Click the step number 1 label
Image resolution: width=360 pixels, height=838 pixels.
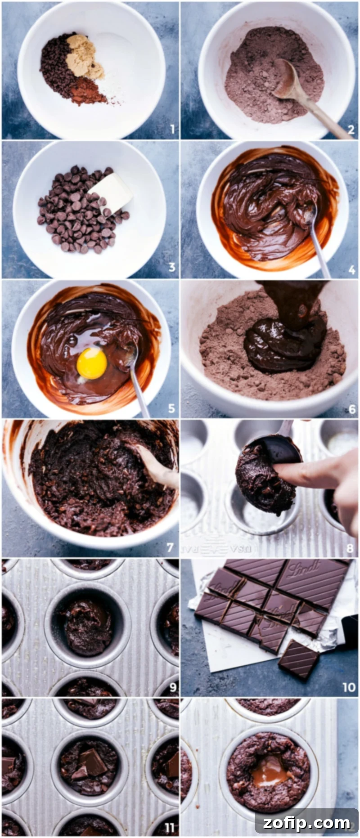pos(172,130)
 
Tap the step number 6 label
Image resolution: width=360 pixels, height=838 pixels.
pos(352,409)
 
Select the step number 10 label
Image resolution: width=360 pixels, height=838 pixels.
pos(349,687)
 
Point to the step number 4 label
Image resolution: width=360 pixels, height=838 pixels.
pos(352,269)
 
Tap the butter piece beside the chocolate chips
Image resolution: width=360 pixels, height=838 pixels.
pos(110,193)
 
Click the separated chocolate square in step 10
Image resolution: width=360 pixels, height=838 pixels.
pos(299,659)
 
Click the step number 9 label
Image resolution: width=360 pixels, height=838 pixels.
pos(173,687)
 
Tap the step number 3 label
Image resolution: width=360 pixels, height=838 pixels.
pos(172,268)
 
